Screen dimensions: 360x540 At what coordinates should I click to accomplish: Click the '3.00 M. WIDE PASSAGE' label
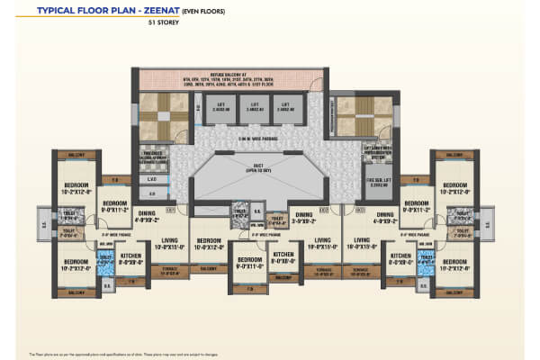click(x=246, y=139)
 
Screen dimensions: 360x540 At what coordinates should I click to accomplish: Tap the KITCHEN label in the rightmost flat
click(x=401, y=257)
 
